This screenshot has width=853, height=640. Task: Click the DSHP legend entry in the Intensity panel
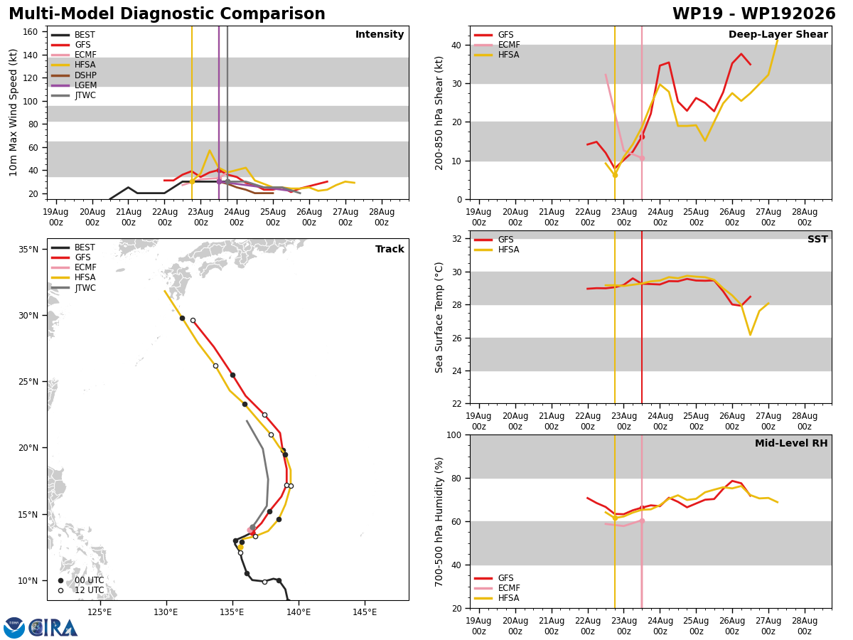(x=73, y=75)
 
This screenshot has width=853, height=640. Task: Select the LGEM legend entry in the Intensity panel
(x=73, y=85)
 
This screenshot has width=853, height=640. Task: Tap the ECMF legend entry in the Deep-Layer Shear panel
(x=497, y=45)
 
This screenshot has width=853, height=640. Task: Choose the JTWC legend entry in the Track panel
(x=73, y=288)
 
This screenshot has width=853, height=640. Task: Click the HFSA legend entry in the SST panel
(x=496, y=250)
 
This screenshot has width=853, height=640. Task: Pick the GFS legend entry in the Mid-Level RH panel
(x=493, y=578)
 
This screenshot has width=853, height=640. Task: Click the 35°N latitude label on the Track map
(x=28, y=249)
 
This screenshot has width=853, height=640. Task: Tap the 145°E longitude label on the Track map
(x=364, y=612)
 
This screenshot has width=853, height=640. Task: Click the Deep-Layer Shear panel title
(x=778, y=34)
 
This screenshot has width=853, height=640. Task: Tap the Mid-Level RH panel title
(x=791, y=443)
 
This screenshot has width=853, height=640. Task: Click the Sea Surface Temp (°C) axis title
(x=439, y=317)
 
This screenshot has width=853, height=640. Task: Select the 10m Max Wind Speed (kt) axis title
(x=14, y=112)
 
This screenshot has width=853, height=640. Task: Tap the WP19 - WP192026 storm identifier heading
(x=754, y=14)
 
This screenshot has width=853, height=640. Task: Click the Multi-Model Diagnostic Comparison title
(x=167, y=14)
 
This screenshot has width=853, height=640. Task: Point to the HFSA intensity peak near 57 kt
(x=210, y=150)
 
